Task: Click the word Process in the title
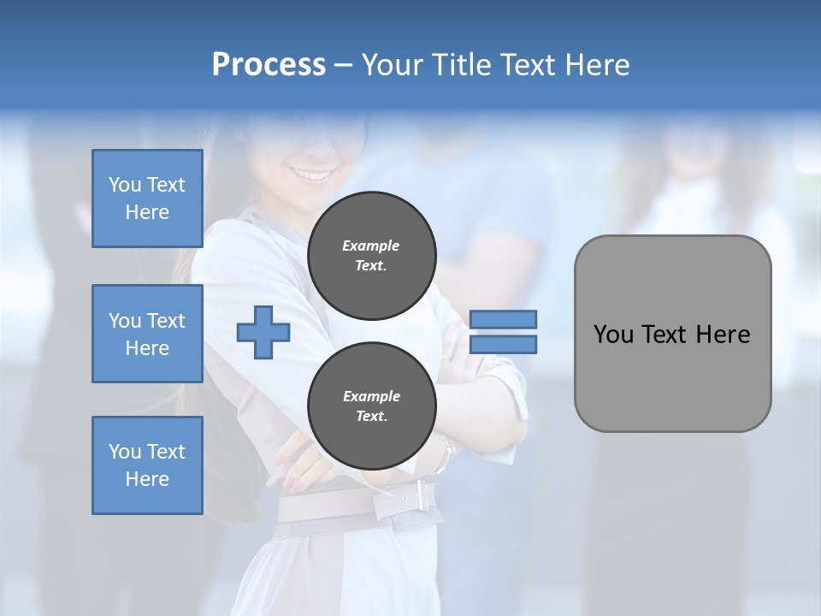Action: click(269, 65)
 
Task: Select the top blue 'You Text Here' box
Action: click(147, 198)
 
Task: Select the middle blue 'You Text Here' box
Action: click(147, 334)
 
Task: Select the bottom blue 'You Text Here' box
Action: click(147, 465)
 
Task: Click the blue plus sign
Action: click(263, 331)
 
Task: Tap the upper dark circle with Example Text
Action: click(372, 256)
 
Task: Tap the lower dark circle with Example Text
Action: click(372, 406)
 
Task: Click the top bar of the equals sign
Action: click(504, 319)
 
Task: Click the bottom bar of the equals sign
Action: click(504, 345)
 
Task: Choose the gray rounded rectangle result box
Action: click(672, 376)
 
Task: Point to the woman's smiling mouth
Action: click(313, 175)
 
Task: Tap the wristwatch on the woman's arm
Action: click(444, 453)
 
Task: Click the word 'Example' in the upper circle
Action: click(371, 246)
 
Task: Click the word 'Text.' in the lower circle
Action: click(371, 417)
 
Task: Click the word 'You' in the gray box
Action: click(613, 335)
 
